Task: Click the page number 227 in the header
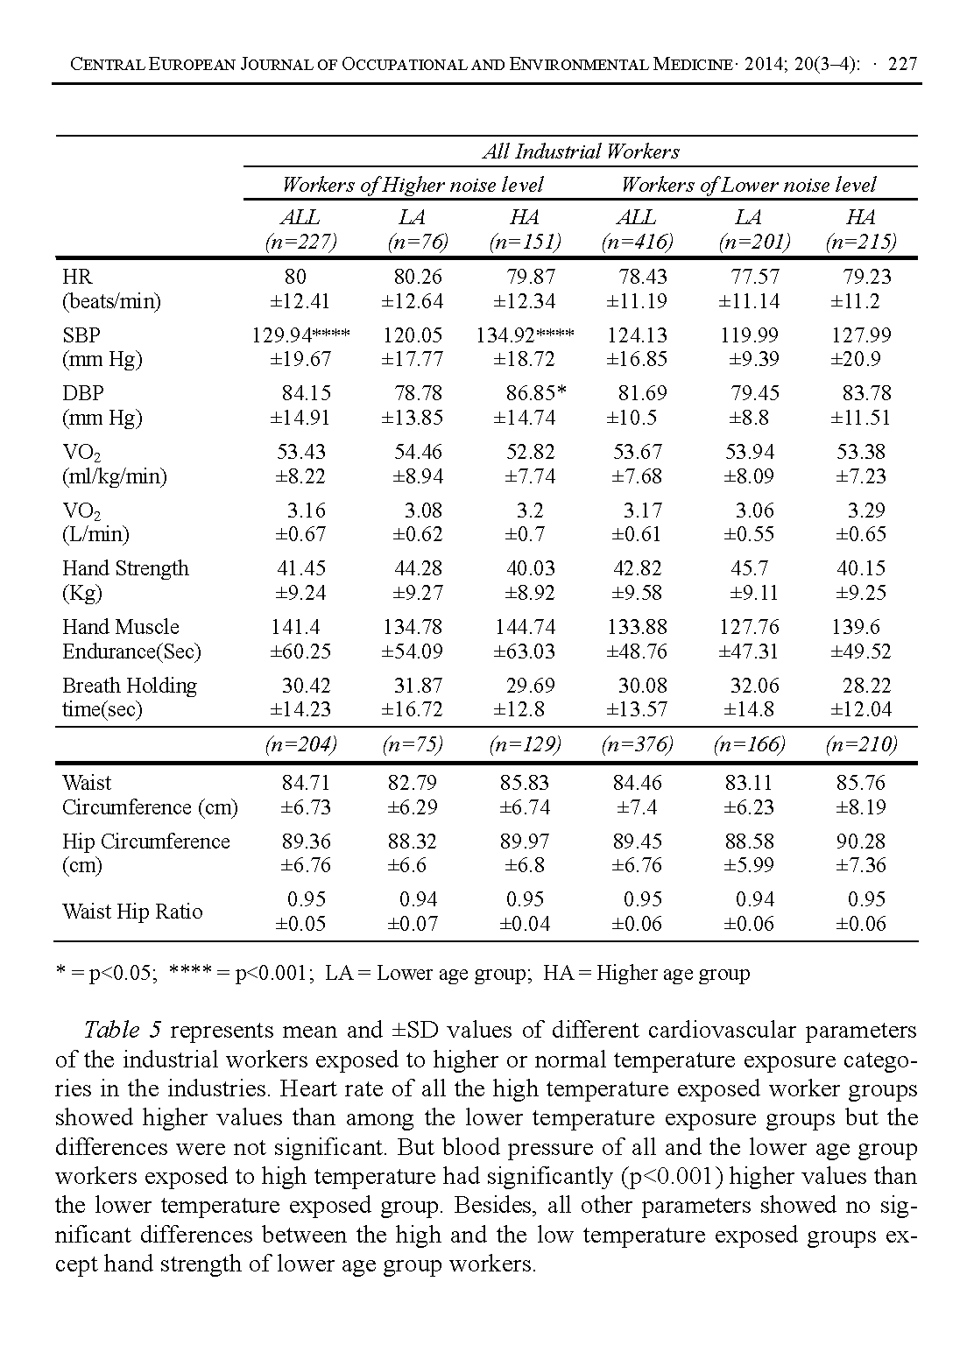[x=902, y=64]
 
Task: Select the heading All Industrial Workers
[x=581, y=151]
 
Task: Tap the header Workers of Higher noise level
[x=412, y=185]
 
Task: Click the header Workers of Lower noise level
[x=748, y=185]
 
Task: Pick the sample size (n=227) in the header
[x=300, y=242]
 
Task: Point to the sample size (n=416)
[x=636, y=242]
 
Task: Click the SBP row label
[x=81, y=335]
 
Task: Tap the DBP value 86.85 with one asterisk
[x=536, y=393]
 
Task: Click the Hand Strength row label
[x=125, y=568]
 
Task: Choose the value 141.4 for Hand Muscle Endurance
[x=295, y=627]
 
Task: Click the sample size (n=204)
[x=300, y=745]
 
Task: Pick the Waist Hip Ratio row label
[x=132, y=912]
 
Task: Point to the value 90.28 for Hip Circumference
[x=861, y=842]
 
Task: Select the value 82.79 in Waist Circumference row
[x=412, y=783]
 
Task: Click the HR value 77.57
[x=755, y=277]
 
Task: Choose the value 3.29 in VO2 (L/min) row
[x=866, y=511]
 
